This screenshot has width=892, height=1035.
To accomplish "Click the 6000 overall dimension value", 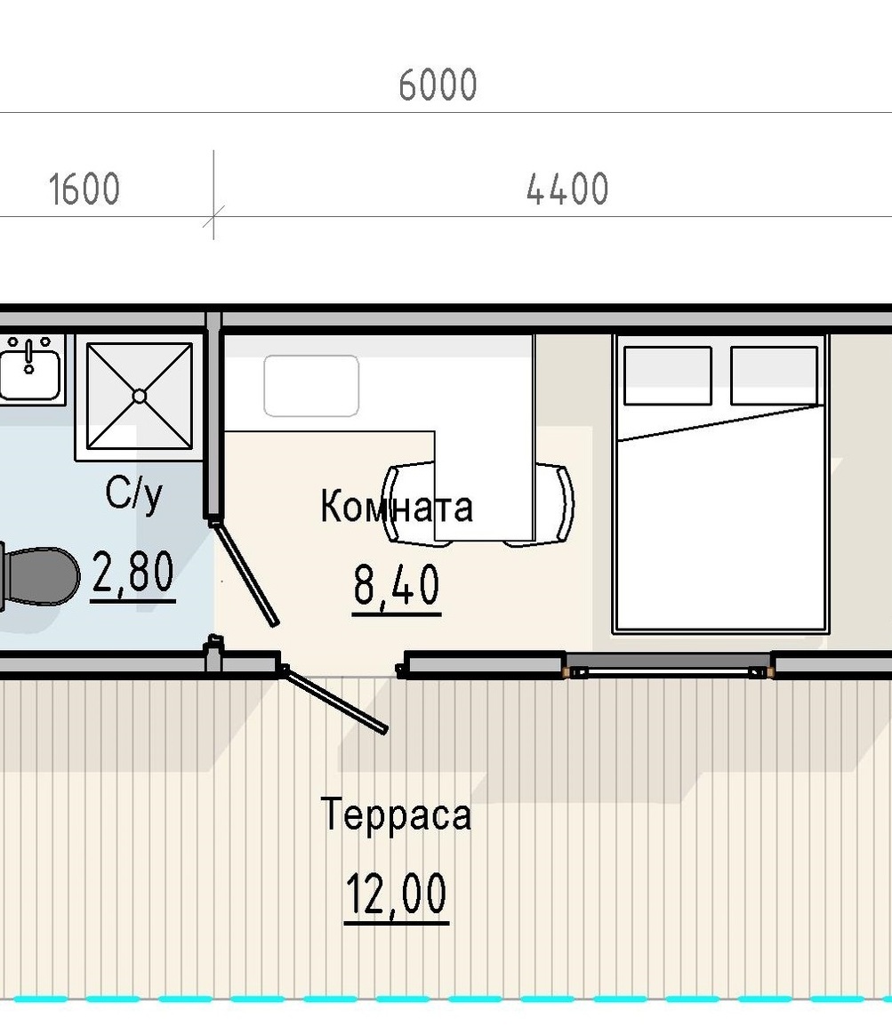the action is [x=438, y=85].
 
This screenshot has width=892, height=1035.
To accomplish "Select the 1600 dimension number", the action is [x=84, y=189].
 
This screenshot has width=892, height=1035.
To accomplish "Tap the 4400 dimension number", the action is [x=567, y=189].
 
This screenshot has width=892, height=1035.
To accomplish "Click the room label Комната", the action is [x=397, y=507].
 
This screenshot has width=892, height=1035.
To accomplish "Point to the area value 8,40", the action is [x=396, y=585].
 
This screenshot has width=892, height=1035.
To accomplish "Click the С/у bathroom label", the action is [x=133, y=493].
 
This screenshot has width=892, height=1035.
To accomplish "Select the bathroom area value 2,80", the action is [x=133, y=572].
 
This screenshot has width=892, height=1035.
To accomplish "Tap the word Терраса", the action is [x=396, y=814].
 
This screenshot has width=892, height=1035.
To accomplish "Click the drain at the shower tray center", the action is [x=140, y=396].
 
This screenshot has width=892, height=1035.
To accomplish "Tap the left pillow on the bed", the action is [x=668, y=375].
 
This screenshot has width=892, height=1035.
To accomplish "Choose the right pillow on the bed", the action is [x=775, y=375].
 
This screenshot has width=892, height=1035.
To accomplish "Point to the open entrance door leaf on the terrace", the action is [x=333, y=701].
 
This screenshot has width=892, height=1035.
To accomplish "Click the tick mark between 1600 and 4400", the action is [x=214, y=216].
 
